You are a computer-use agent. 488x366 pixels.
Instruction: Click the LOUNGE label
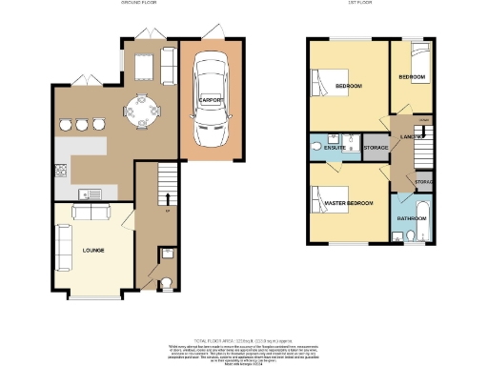click(92, 250)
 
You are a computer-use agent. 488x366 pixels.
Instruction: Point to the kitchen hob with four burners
click(62, 173)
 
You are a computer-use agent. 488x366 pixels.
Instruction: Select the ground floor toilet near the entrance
click(164, 282)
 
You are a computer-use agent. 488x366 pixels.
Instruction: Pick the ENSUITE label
click(334, 148)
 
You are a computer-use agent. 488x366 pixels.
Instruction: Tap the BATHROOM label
click(412, 218)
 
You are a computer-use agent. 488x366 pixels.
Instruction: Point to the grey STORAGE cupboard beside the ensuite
click(375, 149)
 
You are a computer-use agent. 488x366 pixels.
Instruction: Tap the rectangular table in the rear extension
click(145, 64)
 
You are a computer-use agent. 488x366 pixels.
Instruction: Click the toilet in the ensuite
click(316, 148)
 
